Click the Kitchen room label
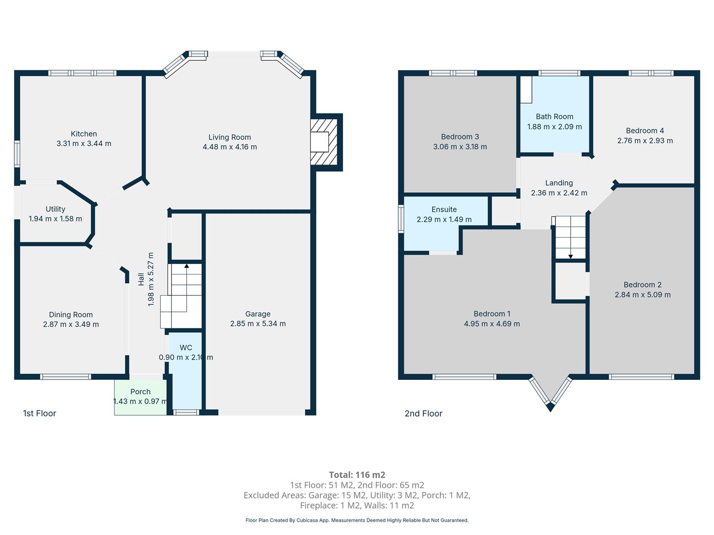tap(84, 134)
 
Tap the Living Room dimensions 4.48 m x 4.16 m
tap(230, 147)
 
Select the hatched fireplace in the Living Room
tap(324, 142)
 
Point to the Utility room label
tap(56, 209)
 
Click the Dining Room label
tap(70, 315)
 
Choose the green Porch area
tap(140, 397)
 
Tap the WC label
tap(186, 348)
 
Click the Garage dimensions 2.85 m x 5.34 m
tap(258, 323)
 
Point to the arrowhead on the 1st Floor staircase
tap(186, 266)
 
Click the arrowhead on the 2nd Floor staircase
tap(571, 257)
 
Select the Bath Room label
tap(555, 116)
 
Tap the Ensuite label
tap(444, 209)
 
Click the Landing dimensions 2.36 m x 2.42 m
tap(559, 193)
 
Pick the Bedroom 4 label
tap(645, 131)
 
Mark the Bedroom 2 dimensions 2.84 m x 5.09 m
tap(643, 295)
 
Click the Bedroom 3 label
tap(460, 136)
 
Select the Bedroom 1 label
tap(492, 314)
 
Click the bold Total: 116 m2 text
tap(357, 475)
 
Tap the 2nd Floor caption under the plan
tap(423, 414)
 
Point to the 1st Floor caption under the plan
tap(39, 413)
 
